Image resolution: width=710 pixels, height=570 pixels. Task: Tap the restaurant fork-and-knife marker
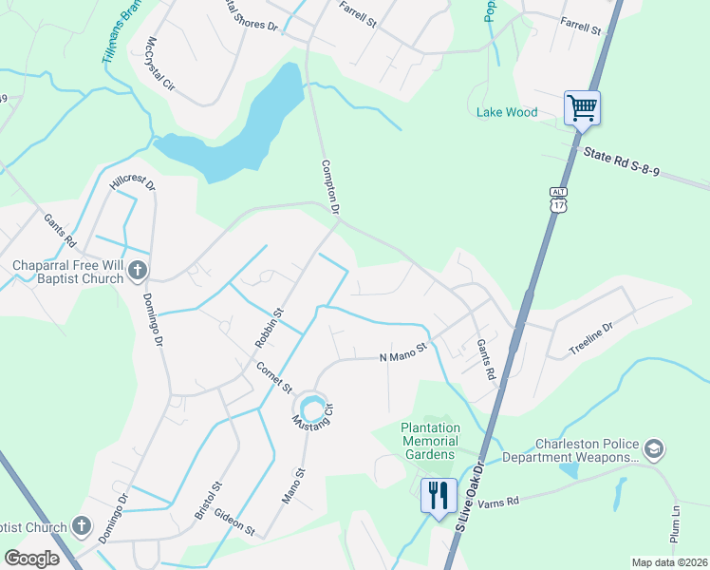pyautogui.click(x=438, y=496)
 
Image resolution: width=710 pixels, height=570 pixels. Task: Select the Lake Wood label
pyautogui.click(x=506, y=112)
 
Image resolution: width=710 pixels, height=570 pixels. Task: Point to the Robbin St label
pyautogui.click(x=269, y=325)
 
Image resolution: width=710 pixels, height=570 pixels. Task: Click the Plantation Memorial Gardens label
pyautogui.click(x=430, y=441)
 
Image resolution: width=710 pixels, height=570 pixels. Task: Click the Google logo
pyautogui.click(x=31, y=559)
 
